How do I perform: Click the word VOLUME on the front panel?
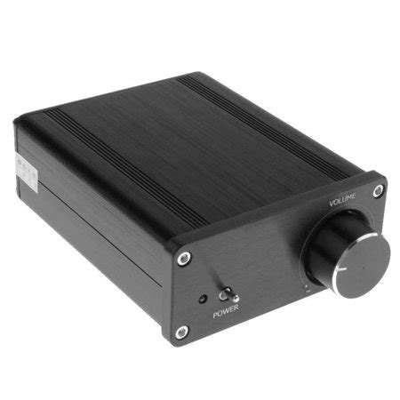[343, 201]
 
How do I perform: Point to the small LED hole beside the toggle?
[204, 299]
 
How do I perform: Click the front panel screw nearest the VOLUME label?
[378, 190]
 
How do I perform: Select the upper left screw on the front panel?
[183, 258]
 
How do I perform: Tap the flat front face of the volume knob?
[361, 258]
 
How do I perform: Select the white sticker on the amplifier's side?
[24, 170]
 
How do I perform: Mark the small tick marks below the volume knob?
[307, 286]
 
